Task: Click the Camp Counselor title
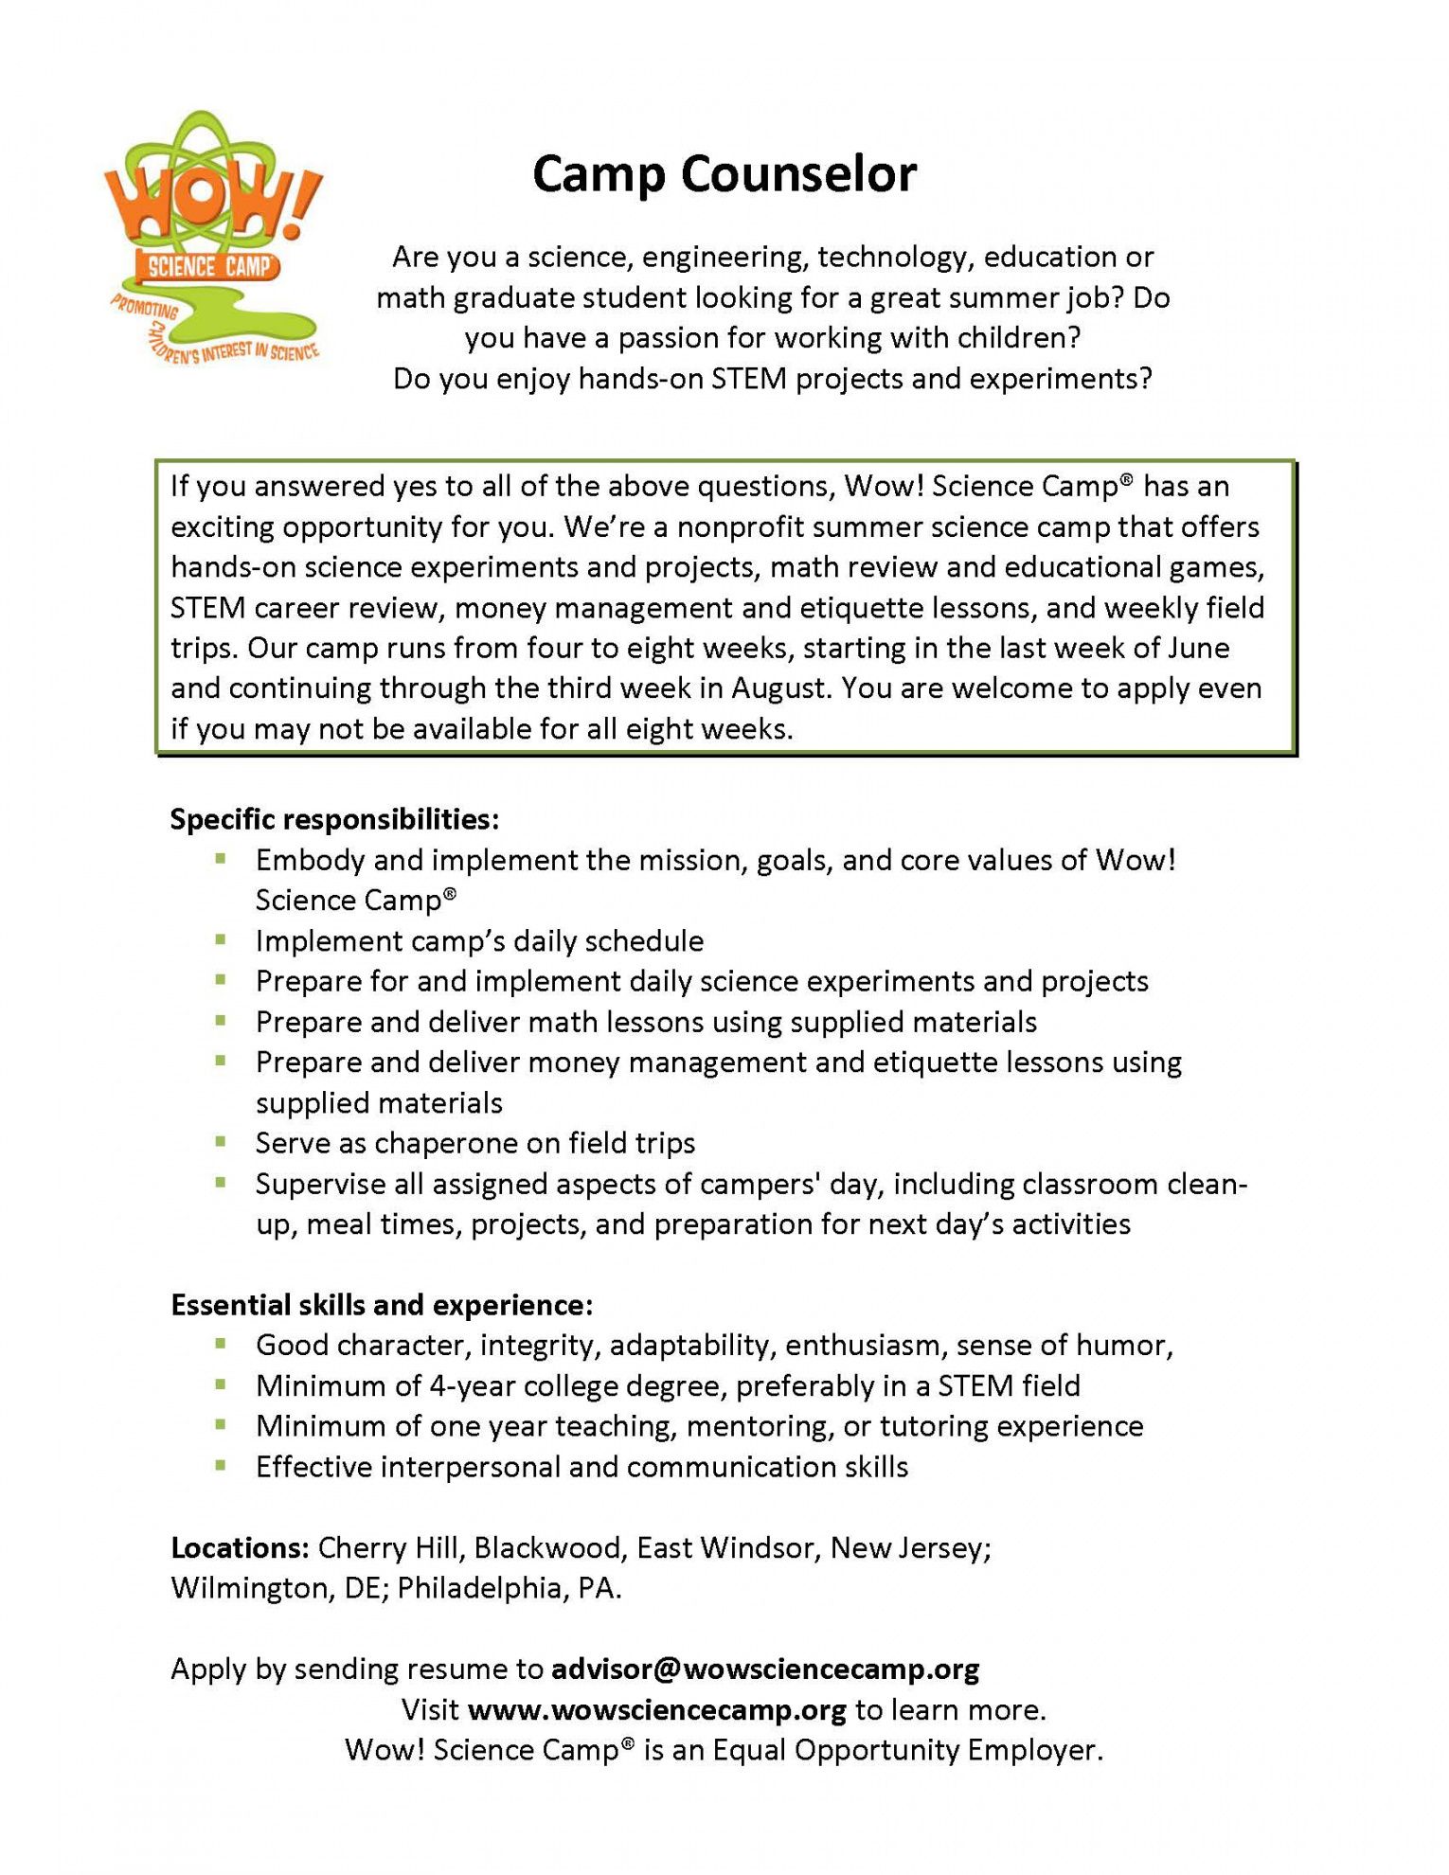pos(724,175)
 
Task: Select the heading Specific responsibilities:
pos(334,819)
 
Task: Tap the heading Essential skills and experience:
pos(382,1305)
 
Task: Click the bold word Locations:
pos(240,1547)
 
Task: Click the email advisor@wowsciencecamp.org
pos(765,1669)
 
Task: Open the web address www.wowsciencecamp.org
pos(657,1709)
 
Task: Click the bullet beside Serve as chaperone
pos(221,1142)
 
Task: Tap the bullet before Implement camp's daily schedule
pos(221,940)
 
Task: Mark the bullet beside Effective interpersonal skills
pos(221,1466)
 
